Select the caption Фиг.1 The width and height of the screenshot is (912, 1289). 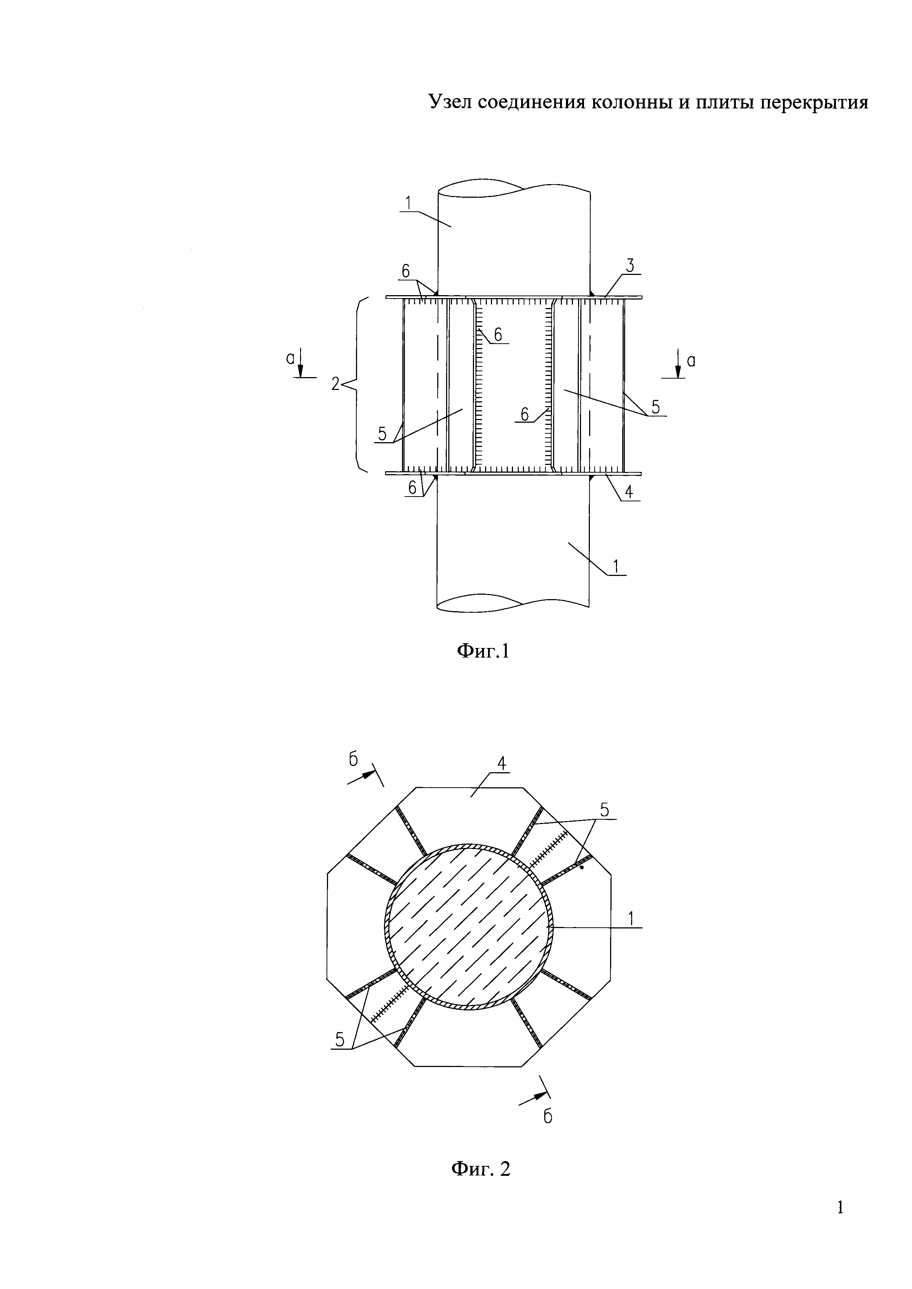[483, 651]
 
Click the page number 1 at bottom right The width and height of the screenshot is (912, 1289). [840, 1223]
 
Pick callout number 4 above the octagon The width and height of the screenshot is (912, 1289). [501, 763]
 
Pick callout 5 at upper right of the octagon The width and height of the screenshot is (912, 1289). [604, 810]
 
